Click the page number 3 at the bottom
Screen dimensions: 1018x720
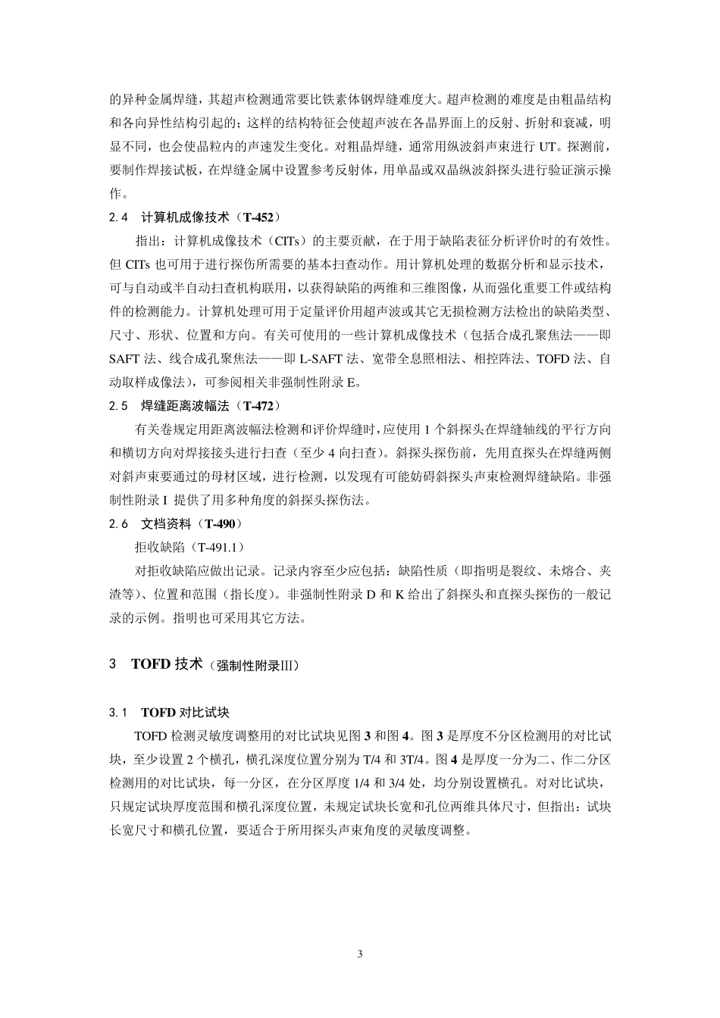tap(360, 953)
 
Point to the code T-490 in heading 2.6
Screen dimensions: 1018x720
tap(221, 523)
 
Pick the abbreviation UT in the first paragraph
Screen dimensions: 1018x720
tap(547, 146)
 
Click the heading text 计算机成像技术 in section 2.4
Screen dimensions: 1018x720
tap(185, 217)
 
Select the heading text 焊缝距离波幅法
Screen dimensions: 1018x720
tap(185, 406)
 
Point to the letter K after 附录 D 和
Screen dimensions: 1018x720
tap(399, 594)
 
